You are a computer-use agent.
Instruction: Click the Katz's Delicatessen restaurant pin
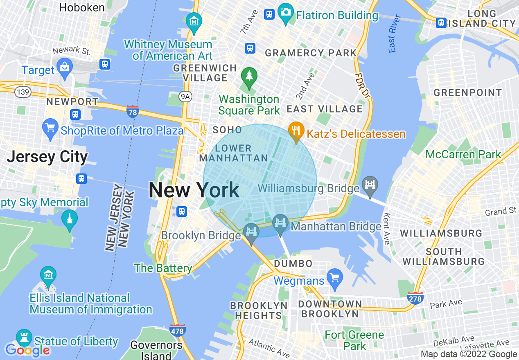296,131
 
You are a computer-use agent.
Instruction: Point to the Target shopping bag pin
65,67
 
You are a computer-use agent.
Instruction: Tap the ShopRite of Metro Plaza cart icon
50,128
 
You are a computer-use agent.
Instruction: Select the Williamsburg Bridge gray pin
370,184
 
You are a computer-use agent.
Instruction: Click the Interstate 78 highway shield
132,111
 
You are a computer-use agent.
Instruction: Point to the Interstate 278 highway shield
415,298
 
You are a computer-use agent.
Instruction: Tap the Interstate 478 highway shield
177,330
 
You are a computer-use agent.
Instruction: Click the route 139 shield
23,92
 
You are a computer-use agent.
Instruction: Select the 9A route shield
186,96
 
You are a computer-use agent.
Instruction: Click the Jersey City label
47,157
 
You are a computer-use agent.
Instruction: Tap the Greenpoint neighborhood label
467,92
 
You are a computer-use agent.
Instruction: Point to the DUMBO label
293,263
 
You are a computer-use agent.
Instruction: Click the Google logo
27,350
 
